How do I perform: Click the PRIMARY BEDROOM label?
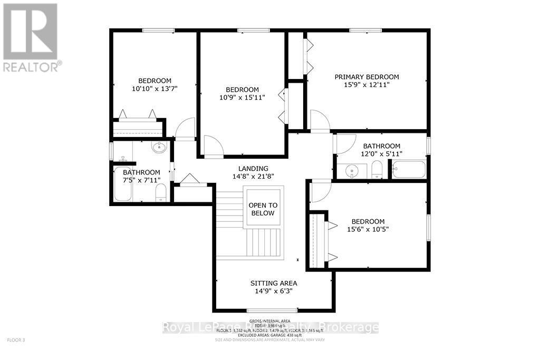367,77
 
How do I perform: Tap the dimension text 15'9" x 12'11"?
367,85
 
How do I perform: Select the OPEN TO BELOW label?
263,209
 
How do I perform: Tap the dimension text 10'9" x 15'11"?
242,98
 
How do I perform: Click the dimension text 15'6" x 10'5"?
368,229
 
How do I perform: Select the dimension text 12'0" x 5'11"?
381,154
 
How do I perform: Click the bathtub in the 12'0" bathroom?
408,170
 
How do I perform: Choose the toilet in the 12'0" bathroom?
377,170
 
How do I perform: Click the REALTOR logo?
31,37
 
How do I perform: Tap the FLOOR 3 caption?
16,340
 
